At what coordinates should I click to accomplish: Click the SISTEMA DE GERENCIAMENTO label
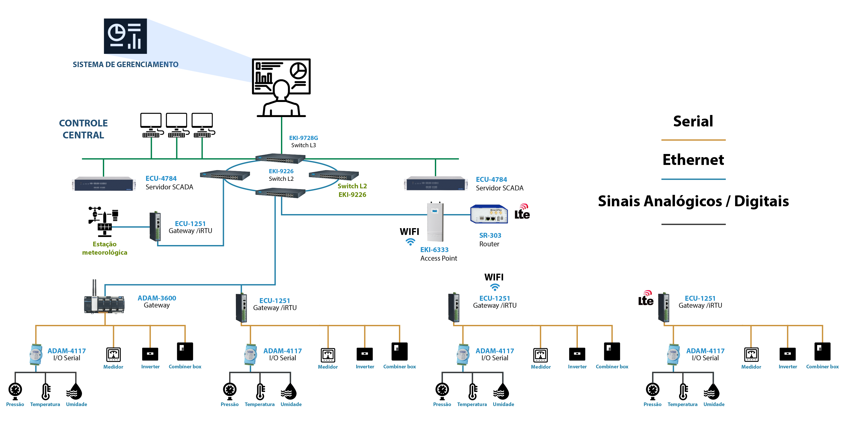point(125,65)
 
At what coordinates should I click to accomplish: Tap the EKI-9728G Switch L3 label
point(303,142)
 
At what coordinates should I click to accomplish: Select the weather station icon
point(104,221)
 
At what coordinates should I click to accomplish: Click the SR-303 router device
point(489,214)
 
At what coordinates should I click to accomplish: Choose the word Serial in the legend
point(693,121)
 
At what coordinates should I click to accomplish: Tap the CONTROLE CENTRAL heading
point(83,129)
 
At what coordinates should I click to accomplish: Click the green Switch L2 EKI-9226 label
point(352,190)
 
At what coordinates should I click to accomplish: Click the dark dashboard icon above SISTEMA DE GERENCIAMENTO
point(125,36)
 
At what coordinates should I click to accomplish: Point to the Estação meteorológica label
point(104,248)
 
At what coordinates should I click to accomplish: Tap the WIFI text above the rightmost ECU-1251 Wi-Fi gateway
point(494,277)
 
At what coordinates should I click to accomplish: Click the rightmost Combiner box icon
point(822,351)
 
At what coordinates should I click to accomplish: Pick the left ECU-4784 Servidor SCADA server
point(104,184)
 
